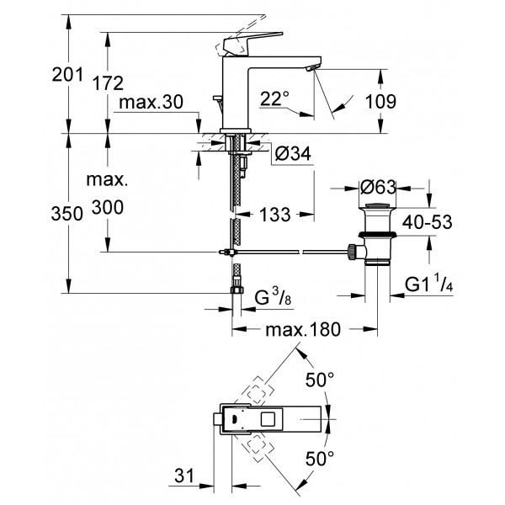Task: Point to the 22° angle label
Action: [x=274, y=98]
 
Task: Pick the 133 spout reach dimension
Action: [x=273, y=215]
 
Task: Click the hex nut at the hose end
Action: [x=237, y=292]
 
